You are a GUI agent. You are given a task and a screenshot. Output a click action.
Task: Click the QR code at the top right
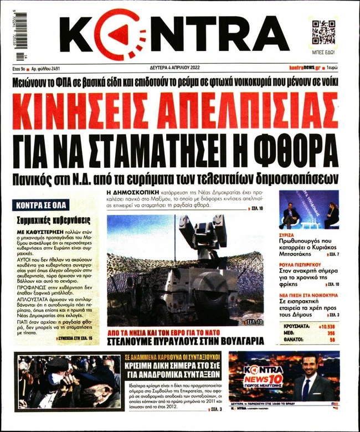(324, 32)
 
